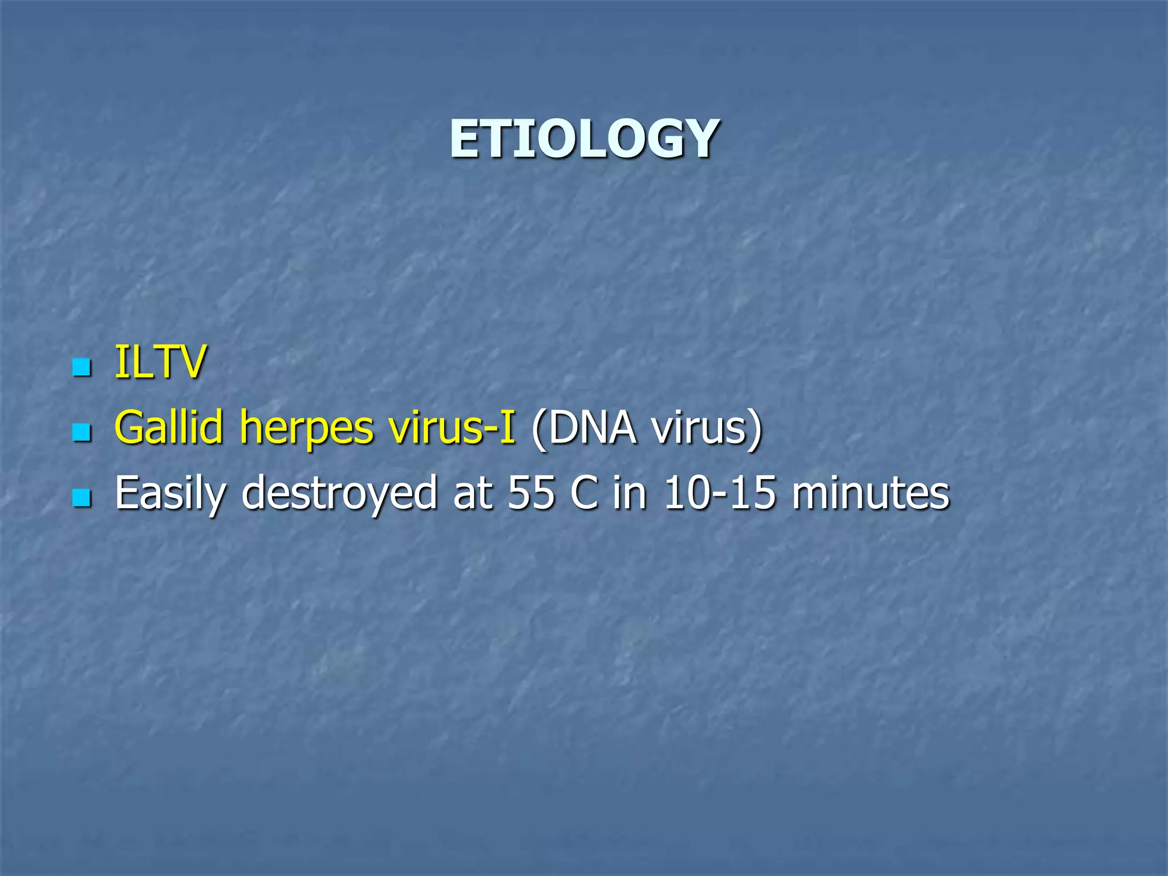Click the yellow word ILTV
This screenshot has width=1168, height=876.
[160, 362]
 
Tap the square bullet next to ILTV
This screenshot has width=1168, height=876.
[82, 367]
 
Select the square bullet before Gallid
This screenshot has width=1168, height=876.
[82, 432]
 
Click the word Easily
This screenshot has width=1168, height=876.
[171, 494]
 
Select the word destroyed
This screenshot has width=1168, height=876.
[340, 493]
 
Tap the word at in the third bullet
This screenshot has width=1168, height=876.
[473, 493]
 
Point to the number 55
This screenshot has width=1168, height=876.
[531, 493]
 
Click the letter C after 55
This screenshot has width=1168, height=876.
[584, 493]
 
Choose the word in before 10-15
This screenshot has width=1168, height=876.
[630, 493]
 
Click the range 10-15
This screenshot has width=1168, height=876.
[720, 493]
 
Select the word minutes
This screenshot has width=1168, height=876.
[870, 493]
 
